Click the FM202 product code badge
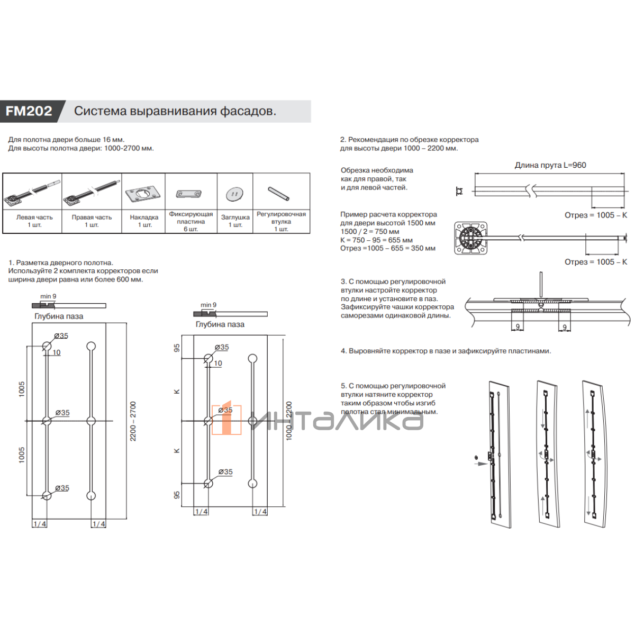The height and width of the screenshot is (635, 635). [x=29, y=111]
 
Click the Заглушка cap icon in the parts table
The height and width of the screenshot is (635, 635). [x=234, y=195]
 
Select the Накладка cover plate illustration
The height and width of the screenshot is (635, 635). [x=143, y=194]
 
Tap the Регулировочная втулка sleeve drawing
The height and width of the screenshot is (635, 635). [x=278, y=194]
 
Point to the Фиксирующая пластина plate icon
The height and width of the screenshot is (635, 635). [x=189, y=194]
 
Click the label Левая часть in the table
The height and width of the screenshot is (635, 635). [x=34, y=217]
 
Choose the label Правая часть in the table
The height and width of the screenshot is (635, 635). [x=92, y=217]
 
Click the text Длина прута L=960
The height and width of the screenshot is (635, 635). [x=550, y=165]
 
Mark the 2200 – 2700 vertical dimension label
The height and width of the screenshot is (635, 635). [x=133, y=421]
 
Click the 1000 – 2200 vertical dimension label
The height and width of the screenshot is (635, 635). [x=289, y=421]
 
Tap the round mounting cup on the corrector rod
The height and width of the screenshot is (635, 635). [x=469, y=238]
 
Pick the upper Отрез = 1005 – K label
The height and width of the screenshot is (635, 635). [x=596, y=215]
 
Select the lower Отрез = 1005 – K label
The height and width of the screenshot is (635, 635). [x=596, y=262]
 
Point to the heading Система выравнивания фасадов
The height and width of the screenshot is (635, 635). [x=175, y=111]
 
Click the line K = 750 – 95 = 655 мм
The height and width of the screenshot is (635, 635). [x=376, y=240]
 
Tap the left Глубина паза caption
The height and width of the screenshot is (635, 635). [x=59, y=316]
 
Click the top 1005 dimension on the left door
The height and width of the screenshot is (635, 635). [x=22, y=389]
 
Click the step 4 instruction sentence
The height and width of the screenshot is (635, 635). [x=446, y=351]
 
